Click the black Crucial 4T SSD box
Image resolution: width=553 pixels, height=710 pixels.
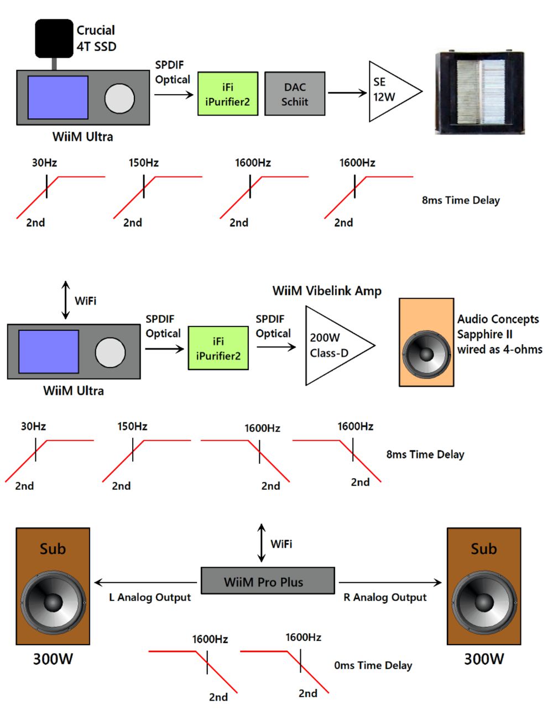[54, 39]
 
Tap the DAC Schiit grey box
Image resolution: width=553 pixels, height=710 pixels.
[295, 94]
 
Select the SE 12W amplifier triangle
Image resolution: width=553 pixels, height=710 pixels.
[390, 91]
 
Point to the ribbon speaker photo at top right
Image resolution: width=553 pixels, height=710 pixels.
[479, 93]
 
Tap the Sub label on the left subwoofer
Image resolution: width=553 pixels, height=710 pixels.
[53, 549]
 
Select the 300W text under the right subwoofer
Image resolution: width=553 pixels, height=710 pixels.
[483, 659]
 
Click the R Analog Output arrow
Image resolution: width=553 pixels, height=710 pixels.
[390, 582]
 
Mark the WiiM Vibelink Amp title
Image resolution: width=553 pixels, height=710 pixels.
[327, 291]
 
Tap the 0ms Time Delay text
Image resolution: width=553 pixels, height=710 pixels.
[373, 666]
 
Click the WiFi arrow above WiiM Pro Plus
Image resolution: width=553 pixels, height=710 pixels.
[262, 543]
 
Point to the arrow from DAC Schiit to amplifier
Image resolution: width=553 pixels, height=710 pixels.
[347, 93]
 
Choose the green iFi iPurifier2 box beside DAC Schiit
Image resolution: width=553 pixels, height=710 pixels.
[228, 94]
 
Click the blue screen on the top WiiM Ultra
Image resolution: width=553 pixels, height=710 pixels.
[58, 97]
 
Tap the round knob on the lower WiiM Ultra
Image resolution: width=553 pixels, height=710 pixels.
[110, 353]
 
